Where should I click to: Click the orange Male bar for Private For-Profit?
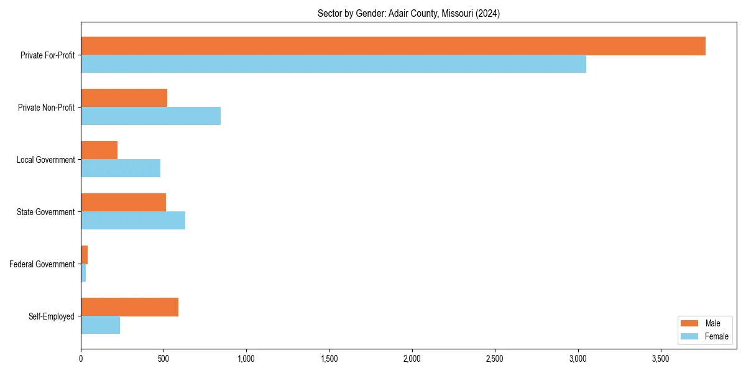tap(393, 46)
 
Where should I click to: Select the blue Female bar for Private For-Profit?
tap(333, 64)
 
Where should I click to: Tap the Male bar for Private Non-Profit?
tap(124, 98)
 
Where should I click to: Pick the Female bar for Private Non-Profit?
tap(150, 116)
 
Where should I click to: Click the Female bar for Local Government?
tap(121, 168)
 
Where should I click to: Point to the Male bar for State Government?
tap(123, 203)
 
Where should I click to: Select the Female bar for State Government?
tap(133, 221)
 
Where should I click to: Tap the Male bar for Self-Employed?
tap(129, 307)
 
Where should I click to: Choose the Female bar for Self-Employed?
tap(100, 325)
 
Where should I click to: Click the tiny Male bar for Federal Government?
tap(85, 255)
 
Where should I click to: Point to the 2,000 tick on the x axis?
tap(412, 359)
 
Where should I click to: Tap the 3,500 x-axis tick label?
tap(660, 359)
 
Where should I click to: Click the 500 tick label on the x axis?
tap(163, 359)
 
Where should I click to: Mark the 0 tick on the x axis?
tap(81, 359)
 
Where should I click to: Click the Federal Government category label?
tap(42, 264)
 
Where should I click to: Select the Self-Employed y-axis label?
tap(52, 316)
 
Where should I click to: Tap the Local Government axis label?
tap(46, 160)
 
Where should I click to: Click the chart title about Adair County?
tap(408, 13)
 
